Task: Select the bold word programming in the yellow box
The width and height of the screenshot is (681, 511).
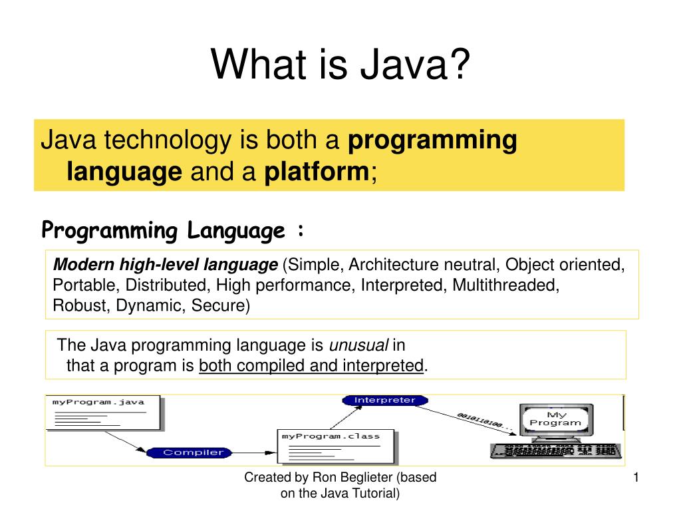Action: point(433,140)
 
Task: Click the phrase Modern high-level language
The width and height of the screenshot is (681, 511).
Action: point(166,265)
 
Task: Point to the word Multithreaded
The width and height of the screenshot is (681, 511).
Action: point(505,285)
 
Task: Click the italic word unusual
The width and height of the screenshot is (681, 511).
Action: point(359,345)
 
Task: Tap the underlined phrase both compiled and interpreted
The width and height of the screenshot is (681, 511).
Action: point(311,365)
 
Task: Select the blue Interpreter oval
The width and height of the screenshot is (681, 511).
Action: point(385,401)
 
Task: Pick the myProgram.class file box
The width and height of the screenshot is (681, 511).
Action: point(336,446)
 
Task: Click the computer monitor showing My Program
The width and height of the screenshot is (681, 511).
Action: point(555,419)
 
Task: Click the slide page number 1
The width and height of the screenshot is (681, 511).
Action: point(636,477)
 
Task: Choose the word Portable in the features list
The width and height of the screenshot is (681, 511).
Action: point(76,285)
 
